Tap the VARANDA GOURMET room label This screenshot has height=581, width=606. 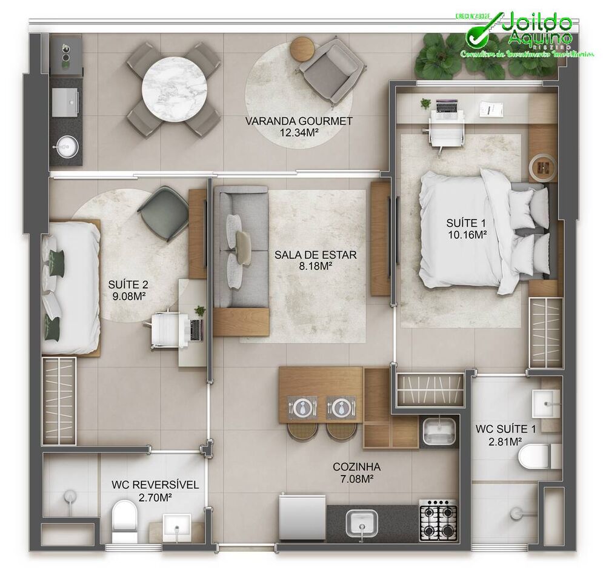tap(299, 121)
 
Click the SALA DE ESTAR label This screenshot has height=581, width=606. tap(315, 255)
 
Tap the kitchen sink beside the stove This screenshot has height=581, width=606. tap(362, 522)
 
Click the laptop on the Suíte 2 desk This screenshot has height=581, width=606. tap(196, 329)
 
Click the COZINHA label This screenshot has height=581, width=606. tap(356, 467)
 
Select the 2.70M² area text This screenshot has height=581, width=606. tap(155, 497)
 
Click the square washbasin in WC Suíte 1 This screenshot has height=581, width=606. tap(545, 402)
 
